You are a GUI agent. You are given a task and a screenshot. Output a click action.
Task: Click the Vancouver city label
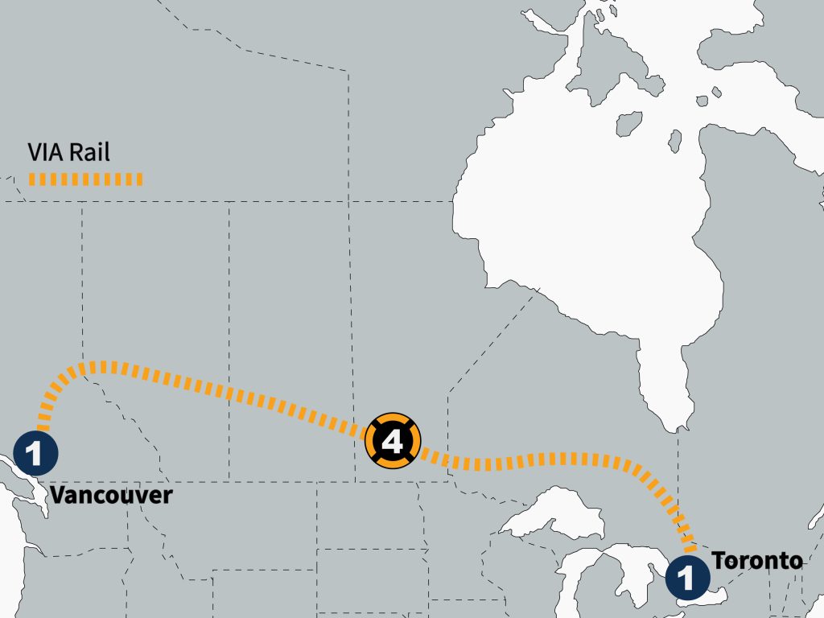[x=111, y=494]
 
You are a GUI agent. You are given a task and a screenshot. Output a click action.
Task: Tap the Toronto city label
[x=756, y=560]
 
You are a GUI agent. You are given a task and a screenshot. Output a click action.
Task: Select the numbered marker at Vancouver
[x=35, y=453]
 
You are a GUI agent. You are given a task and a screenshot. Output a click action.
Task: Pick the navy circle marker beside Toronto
[x=688, y=576]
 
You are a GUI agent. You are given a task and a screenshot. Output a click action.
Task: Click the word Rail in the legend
[x=89, y=152]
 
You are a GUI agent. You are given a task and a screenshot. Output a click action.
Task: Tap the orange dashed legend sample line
[x=85, y=179]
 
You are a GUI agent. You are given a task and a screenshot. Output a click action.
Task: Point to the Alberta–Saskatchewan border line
[x=229, y=322]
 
